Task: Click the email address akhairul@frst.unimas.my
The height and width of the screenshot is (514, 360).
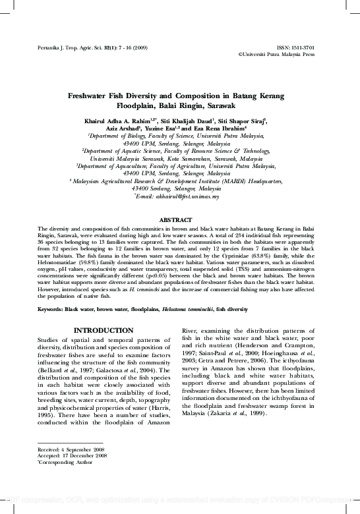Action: [x=181, y=196]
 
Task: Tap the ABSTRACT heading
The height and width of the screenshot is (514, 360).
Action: [x=179, y=218]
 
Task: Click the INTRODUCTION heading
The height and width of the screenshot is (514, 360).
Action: [x=98, y=330]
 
